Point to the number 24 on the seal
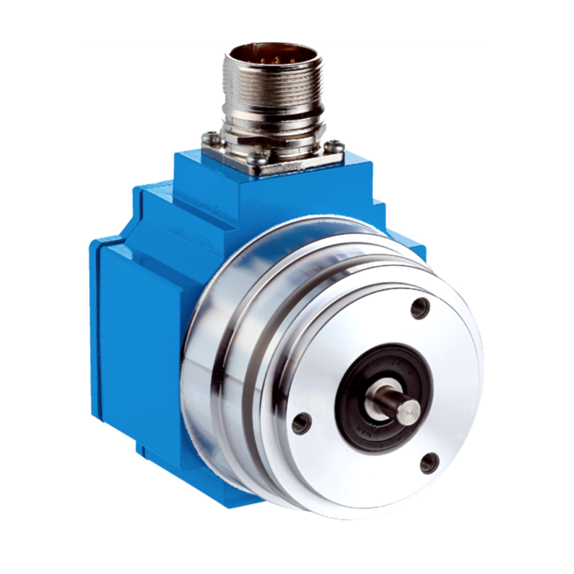click(394, 362)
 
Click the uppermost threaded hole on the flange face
click(420, 309)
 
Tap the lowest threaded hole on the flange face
click(429, 462)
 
